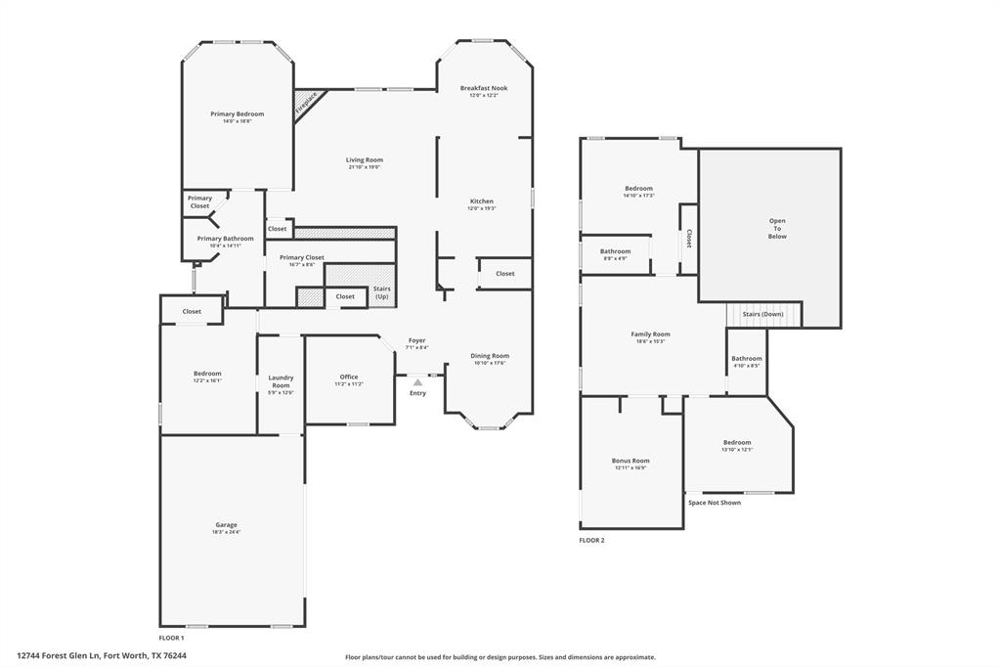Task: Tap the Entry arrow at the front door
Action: [x=417, y=382]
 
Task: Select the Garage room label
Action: [x=226, y=525]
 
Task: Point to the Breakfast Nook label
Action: [x=484, y=88]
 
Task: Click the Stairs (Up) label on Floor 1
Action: [x=381, y=292]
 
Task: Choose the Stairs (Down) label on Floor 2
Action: [x=763, y=314]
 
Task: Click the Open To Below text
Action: [x=777, y=228]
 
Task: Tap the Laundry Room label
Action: [x=281, y=381]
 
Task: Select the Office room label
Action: [x=349, y=377]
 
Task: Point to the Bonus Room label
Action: [x=631, y=460]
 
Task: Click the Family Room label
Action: [x=650, y=334]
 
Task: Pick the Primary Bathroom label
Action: [x=225, y=239]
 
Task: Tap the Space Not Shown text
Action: [x=715, y=503]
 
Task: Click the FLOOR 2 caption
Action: [x=592, y=540]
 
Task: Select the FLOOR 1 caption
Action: [x=171, y=638]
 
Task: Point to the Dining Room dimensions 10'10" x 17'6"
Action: [x=490, y=363]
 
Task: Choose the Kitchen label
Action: [x=482, y=201]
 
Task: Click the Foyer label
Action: [x=417, y=340]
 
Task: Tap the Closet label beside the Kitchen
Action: [x=504, y=274]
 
